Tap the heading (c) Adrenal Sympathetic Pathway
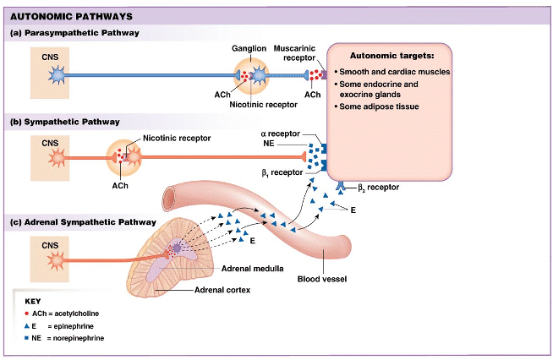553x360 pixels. point(82,222)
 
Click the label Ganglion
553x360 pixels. point(249,48)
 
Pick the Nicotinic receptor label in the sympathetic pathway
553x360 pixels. point(177,137)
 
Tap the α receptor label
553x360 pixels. point(282,134)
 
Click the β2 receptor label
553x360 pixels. point(378,187)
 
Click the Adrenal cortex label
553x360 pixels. point(223,290)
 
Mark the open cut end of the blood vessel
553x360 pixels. point(170,196)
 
